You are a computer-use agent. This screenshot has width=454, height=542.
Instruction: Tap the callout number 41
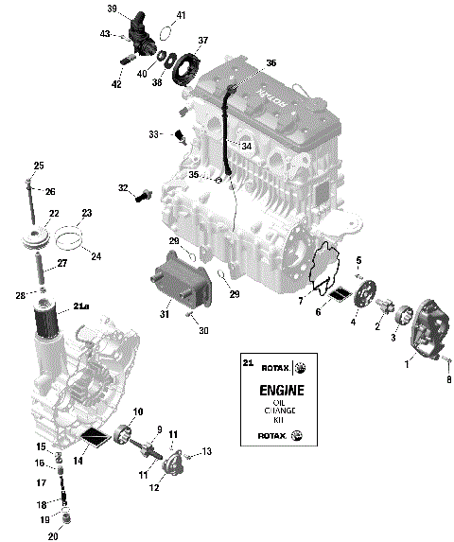click(182, 15)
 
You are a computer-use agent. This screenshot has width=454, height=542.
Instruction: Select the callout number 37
click(201, 41)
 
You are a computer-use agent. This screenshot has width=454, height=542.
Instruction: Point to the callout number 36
click(271, 62)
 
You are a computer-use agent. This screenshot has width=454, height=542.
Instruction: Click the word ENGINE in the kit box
click(273, 390)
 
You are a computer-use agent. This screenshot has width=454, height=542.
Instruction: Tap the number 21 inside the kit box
click(248, 363)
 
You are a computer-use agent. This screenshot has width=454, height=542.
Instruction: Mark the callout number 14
click(79, 461)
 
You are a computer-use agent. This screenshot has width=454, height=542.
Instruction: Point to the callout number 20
click(53, 536)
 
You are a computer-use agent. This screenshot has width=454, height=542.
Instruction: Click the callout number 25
click(39, 166)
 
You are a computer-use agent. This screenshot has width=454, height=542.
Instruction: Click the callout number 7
click(302, 301)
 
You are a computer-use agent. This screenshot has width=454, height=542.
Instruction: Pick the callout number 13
click(207, 451)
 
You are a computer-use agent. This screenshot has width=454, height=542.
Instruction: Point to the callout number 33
click(154, 134)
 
